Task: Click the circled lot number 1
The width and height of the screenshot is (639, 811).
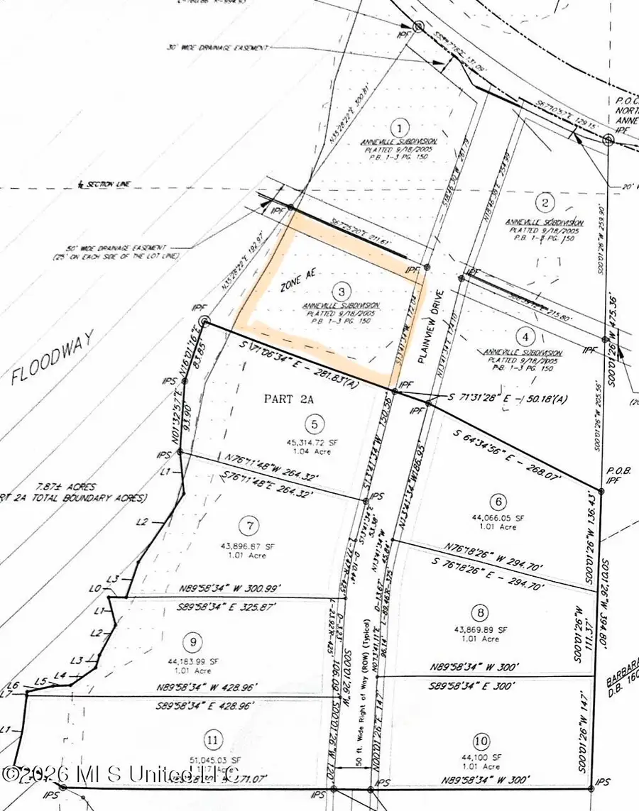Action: click(x=400, y=128)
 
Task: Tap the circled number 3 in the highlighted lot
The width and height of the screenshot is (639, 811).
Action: click(x=342, y=291)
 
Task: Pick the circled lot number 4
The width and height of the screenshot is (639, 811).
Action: click(x=525, y=337)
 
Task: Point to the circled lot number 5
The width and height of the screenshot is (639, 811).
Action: click(x=313, y=424)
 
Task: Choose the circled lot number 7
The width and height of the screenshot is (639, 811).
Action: click(x=249, y=526)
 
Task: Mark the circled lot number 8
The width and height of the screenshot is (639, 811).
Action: click(x=481, y=612)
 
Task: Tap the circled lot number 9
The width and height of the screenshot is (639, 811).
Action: click(x=193, y=643)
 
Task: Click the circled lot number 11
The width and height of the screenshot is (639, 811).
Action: click(x=212, y=741)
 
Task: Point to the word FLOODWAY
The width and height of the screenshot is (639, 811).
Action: click(x=45, y=366)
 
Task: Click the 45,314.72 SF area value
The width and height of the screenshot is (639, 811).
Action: click(x=313, y=443)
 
